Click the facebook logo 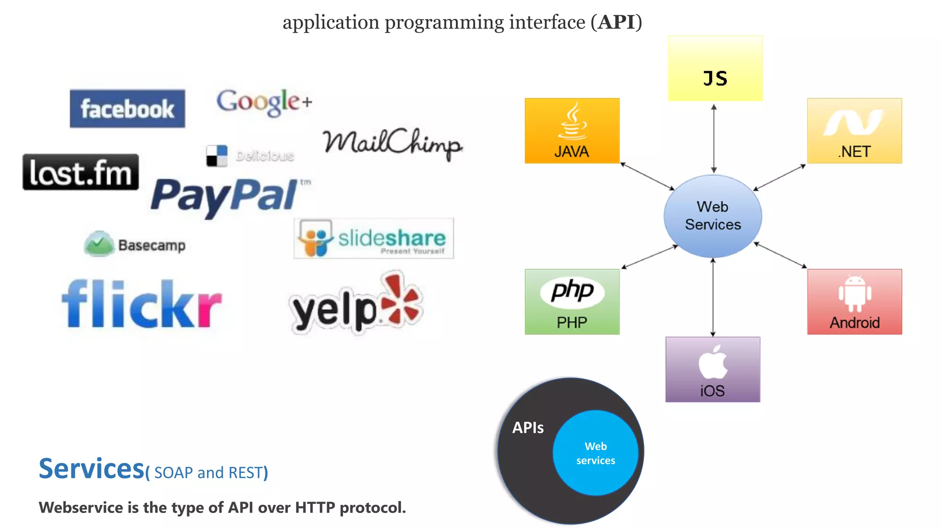pos(127,109)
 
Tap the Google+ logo pos(264,102)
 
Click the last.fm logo pos(80,173)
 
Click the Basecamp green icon pos(98,244)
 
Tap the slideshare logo pos(373,238)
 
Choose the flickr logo pos(142,305)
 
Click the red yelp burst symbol pos(401,300)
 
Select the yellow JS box pos(715,69)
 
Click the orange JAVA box pos(572,131)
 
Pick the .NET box pos(854,131)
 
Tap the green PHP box pos(572,302)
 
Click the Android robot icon pos(855,294)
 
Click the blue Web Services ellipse pos(712,216)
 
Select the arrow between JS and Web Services pos(714,138)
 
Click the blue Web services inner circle pos(595,453)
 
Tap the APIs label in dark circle pos(528,428)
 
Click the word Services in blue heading pos(92,469)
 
